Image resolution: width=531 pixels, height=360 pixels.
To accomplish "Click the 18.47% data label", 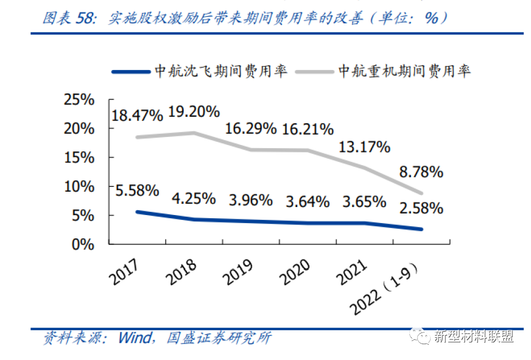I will pos(136,115).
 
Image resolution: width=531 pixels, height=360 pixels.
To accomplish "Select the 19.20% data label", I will pos(194,112).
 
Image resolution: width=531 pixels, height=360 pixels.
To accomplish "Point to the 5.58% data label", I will pos(136,190).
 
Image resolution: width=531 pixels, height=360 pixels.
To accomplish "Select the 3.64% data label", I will pos(308,202).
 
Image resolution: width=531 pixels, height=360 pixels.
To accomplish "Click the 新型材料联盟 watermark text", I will pos(473,337).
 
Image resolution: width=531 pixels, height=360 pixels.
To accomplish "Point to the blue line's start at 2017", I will pos(137,212).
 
